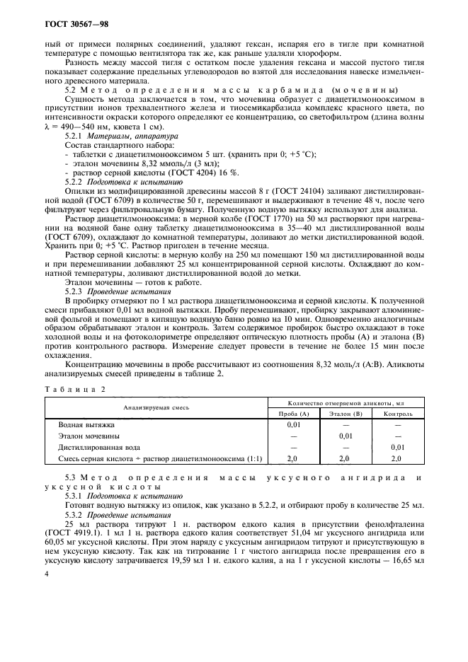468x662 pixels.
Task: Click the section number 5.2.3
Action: tap(74, 291)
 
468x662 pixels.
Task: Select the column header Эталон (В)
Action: tap(346, 412)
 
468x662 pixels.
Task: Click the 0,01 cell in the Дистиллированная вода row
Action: tap(397, 448)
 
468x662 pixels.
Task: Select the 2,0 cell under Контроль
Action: tap(397, 459)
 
